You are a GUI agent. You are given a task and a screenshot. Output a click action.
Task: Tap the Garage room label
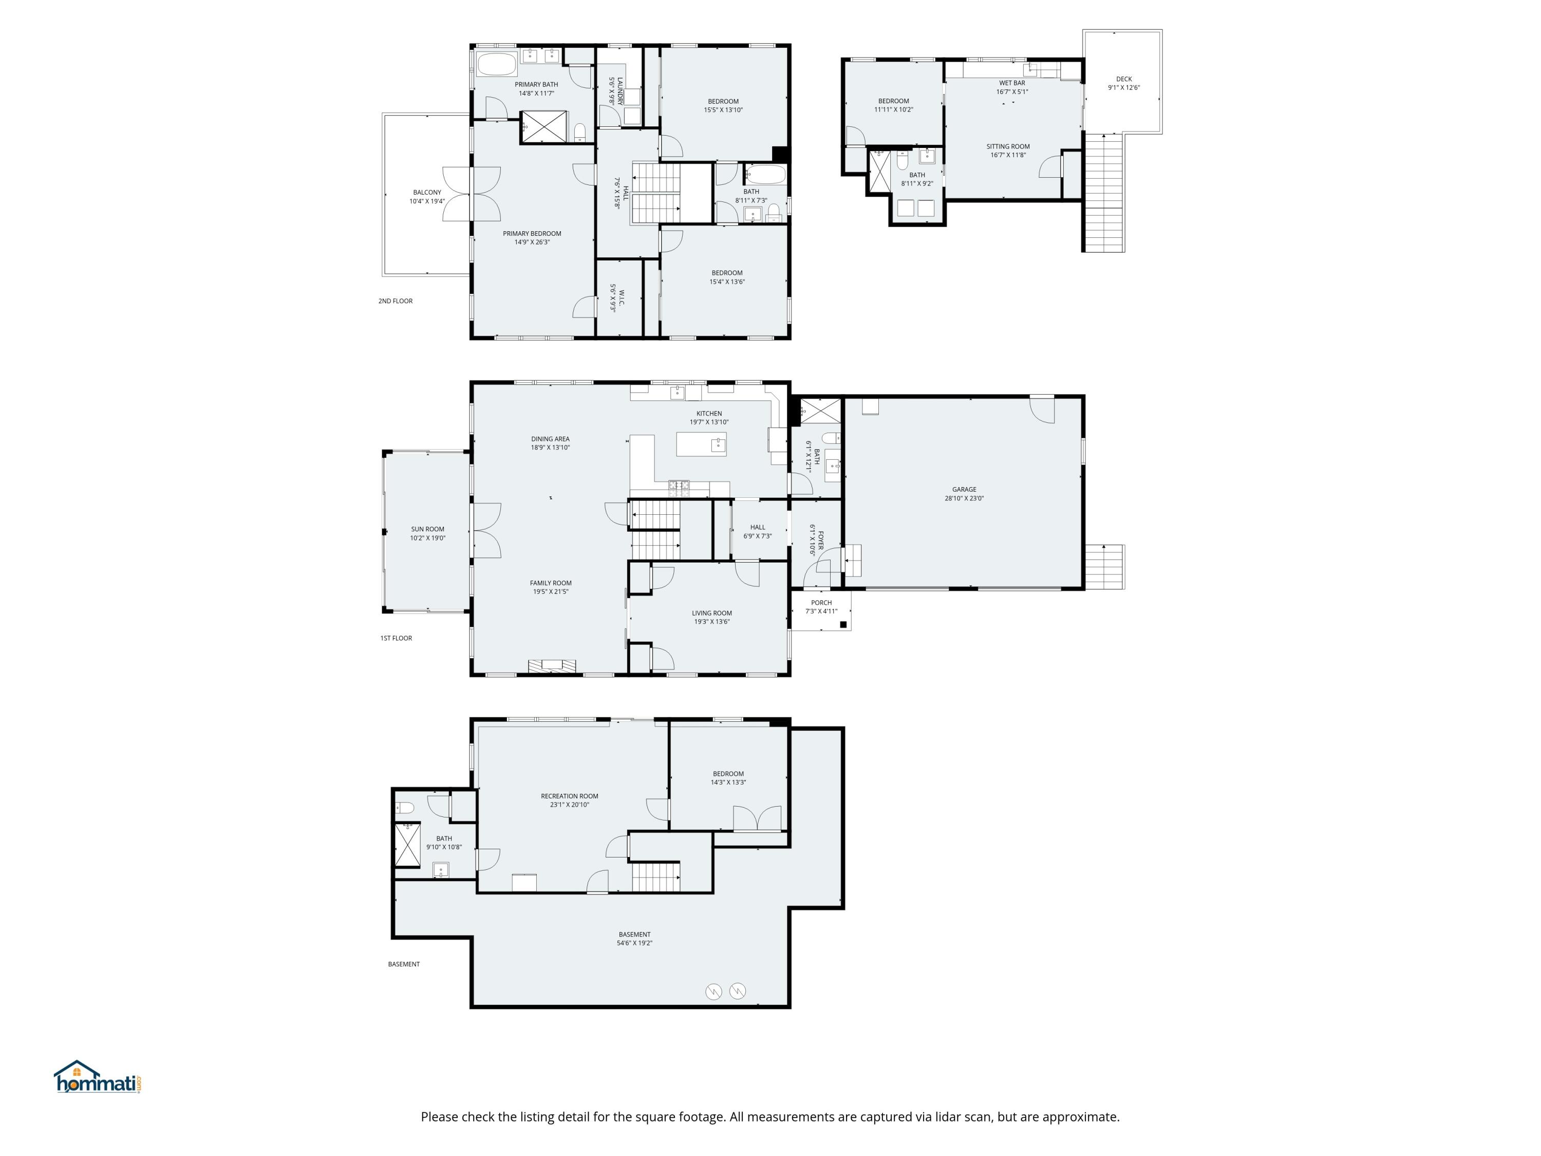964,490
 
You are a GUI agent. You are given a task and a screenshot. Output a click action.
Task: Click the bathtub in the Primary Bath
497,64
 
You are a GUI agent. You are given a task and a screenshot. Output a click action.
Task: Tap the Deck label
1124,79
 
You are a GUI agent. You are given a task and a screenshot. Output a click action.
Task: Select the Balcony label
427,192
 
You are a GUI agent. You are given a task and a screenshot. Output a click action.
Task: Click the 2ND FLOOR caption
395,301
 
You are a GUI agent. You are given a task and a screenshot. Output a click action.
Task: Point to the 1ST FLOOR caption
396,638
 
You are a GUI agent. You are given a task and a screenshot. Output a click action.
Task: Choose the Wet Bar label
1011,83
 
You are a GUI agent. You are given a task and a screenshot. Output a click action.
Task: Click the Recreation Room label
569,796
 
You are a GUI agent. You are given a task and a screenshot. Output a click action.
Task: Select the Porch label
821,603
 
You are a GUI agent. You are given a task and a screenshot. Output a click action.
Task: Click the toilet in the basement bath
405,808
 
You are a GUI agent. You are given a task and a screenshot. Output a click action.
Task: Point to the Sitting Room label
1007,146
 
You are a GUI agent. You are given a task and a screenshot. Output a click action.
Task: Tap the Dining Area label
550,439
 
